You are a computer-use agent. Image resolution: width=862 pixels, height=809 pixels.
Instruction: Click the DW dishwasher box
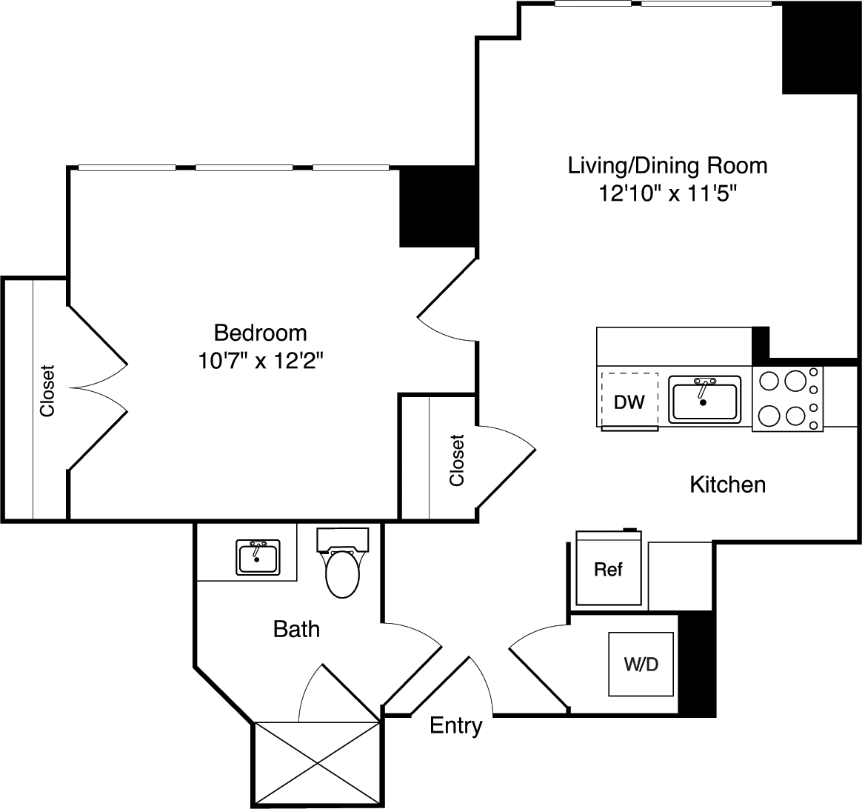pos(629,402)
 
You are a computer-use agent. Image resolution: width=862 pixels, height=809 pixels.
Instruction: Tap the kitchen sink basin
pos(704,400)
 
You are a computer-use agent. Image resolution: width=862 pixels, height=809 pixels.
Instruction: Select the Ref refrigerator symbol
pos(608,570)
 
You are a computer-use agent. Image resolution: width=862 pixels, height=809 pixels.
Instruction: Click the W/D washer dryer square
pos(641,665)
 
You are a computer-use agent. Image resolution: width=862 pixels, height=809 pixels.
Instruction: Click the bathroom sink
pos(258,557)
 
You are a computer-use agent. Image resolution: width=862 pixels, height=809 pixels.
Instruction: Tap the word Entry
pos(456,726)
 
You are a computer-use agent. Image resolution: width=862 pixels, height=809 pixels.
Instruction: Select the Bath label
pos(296,630)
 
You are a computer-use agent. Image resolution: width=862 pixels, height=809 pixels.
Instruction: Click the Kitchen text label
pos(727,485)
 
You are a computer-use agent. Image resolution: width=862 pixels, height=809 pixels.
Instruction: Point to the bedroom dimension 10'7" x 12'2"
pos(261,361)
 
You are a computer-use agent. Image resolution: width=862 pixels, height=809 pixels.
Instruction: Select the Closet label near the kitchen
pos(457,460)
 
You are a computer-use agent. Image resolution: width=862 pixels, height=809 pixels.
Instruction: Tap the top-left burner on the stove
pos(769,381)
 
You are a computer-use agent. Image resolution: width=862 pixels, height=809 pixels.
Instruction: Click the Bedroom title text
pos(260,332)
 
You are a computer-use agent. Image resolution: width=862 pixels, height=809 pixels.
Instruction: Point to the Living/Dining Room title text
pos(667,165)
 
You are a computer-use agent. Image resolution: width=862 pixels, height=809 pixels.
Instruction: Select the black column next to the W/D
pos(698,665)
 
